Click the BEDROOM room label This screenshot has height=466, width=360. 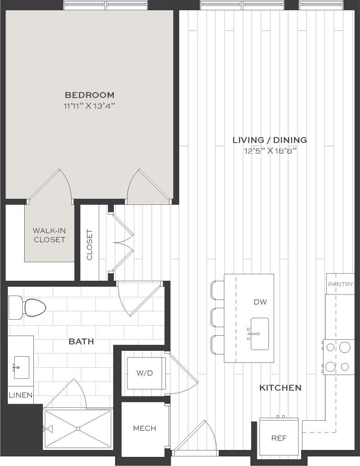(x=90, y=95)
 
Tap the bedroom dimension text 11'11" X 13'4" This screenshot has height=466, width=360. (x=90, y=107)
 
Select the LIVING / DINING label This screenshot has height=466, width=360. (x=270, y=140)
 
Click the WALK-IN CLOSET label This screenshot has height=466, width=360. (x=49, y=235)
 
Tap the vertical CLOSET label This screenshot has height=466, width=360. (x=90, y=244)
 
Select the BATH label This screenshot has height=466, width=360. (x=81, y=341)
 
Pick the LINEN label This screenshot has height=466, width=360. (x=20, y=395)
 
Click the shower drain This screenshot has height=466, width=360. (x=78, y=429)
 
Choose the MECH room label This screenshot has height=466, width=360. (x=144, y=429)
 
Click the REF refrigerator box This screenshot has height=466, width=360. (x=279, y=438)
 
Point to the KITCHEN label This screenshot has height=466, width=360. (x=281, y=388)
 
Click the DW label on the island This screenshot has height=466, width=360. (x=260, y=302)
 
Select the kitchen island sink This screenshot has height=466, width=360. (x=259, y=334)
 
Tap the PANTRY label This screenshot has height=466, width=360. (x=340, y=284)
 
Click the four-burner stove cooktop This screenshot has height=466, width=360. (x=339, y=357)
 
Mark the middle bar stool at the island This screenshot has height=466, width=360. (x=217, y=316)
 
